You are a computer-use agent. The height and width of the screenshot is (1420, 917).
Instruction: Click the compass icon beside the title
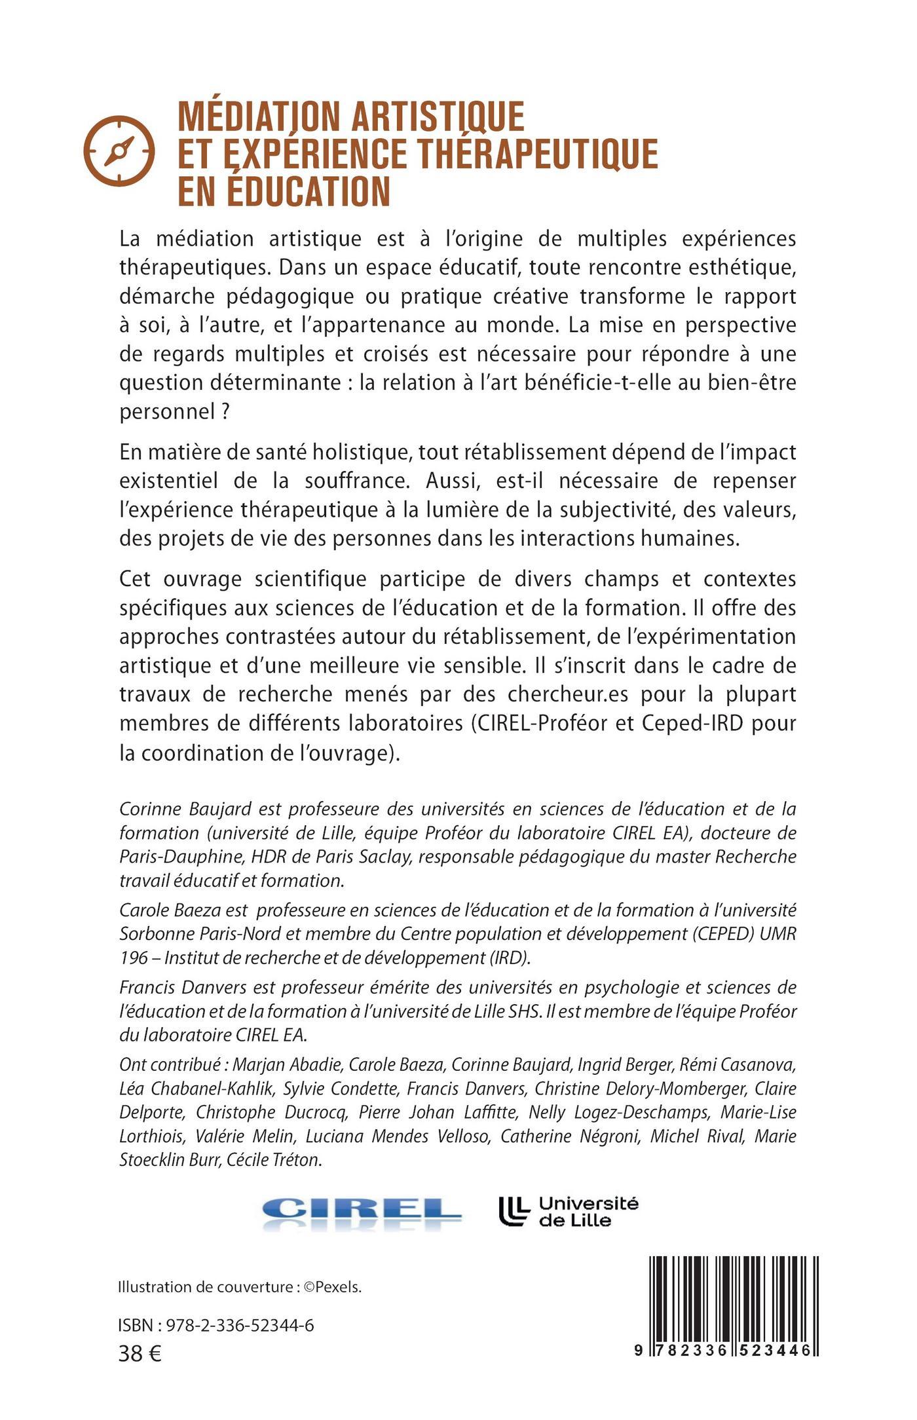[119, 151]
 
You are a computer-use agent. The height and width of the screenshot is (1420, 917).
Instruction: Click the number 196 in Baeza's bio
[134, 957]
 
